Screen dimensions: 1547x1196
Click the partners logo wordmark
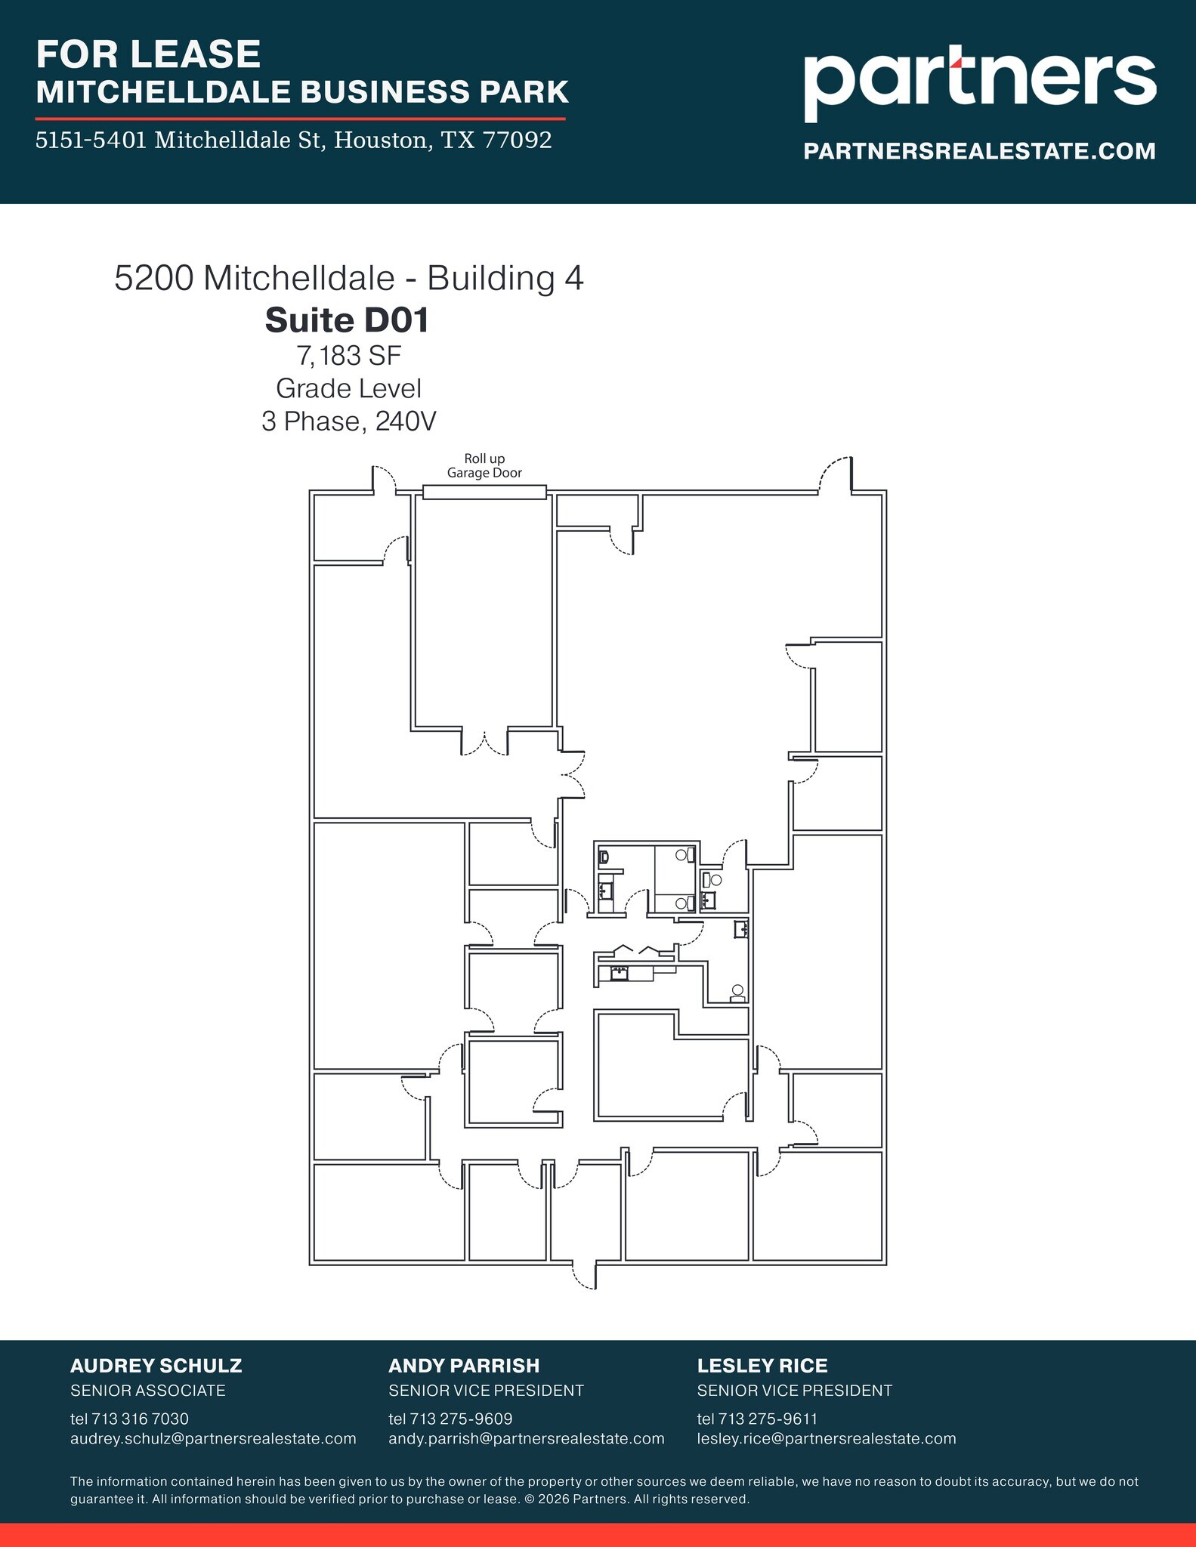979,81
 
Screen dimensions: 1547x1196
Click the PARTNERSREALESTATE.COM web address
979,151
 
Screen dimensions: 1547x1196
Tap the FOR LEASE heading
148,54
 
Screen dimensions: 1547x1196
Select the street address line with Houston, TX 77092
294,140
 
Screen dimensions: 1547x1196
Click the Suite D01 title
348,320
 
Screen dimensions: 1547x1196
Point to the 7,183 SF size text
348,355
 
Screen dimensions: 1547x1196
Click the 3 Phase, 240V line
348,421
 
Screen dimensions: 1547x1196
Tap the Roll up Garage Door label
484,466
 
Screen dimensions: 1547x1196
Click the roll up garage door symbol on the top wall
484,493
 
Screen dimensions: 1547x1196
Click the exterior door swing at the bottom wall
585,1275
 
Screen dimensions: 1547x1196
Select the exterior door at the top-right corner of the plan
837,476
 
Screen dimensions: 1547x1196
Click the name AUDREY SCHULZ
156,1366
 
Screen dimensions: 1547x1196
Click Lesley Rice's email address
826,1438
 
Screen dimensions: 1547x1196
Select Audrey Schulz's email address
213,1438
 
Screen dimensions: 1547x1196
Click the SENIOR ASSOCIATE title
147,1390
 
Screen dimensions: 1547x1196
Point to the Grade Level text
348,388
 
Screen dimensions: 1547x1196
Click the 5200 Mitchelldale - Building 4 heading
348,278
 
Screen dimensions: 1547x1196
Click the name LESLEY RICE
762,1366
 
